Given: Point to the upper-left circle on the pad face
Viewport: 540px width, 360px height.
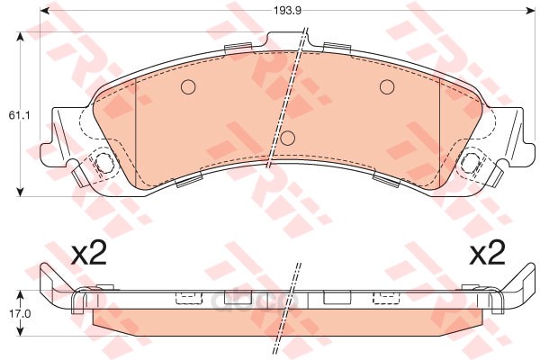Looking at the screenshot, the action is coord(188,86).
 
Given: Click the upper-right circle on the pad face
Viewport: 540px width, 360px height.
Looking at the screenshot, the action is coord(387,86).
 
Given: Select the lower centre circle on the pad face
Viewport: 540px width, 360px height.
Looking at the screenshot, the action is coord(288,138).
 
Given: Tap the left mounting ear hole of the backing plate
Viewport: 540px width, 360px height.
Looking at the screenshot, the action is coord(103,162).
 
